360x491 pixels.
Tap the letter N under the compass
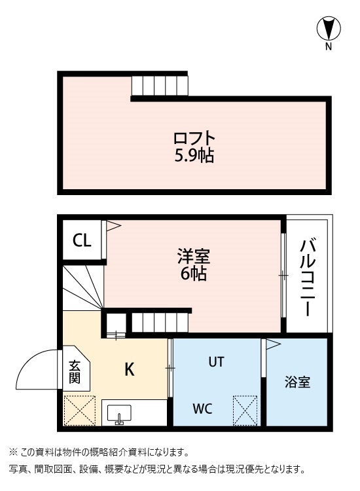pos(329,47)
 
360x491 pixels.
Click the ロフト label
pos(194,139)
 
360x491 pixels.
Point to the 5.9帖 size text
pos(194,156)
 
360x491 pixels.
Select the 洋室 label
pos(193,256)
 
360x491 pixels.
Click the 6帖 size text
pos(193,274)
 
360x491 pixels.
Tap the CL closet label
pos(82,241)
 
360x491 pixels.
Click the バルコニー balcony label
pos(308,277)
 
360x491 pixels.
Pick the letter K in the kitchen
pos(130,370)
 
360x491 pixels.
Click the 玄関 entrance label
pos(75,372)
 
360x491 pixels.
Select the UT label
pos(217,361)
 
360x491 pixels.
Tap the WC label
pos(202,409)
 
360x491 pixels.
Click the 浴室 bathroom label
pos(297,382)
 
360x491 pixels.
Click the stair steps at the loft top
pos(159,86)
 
